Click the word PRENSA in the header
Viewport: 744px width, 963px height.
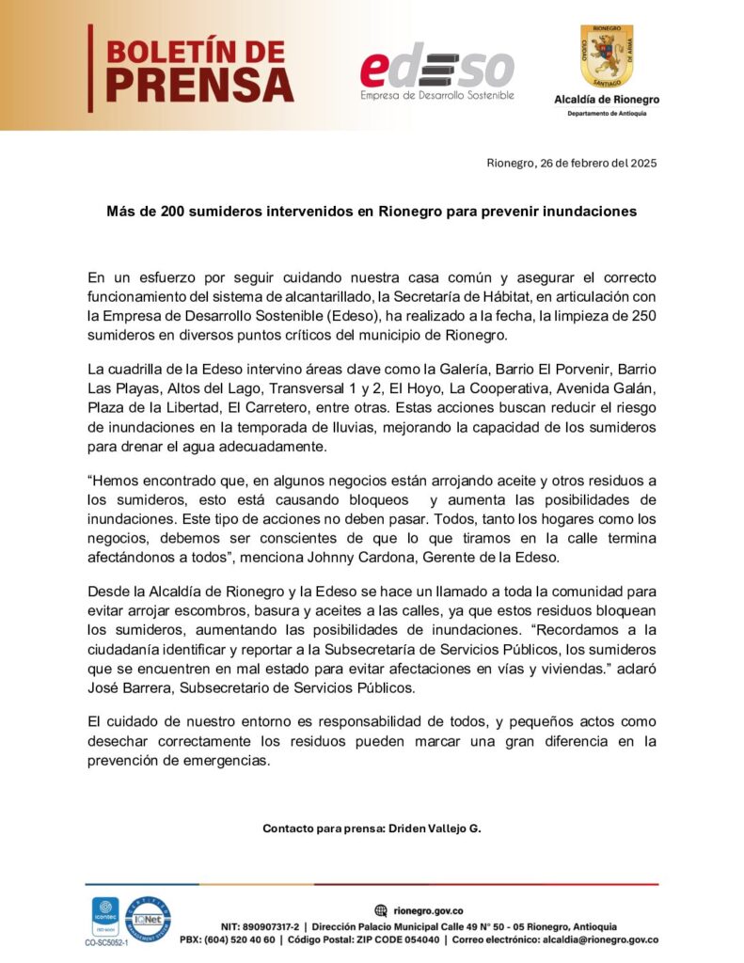(x=199, y=85)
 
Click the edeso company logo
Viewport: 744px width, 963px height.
(x=437, y=71)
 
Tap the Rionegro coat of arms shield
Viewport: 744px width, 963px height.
(x=607, y=56)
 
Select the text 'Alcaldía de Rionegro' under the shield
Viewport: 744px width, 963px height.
(x=607, y=100)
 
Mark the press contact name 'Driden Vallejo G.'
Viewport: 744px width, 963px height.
(x=435, y=829)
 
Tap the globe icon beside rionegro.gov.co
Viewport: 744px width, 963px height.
(x=380, y=909)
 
